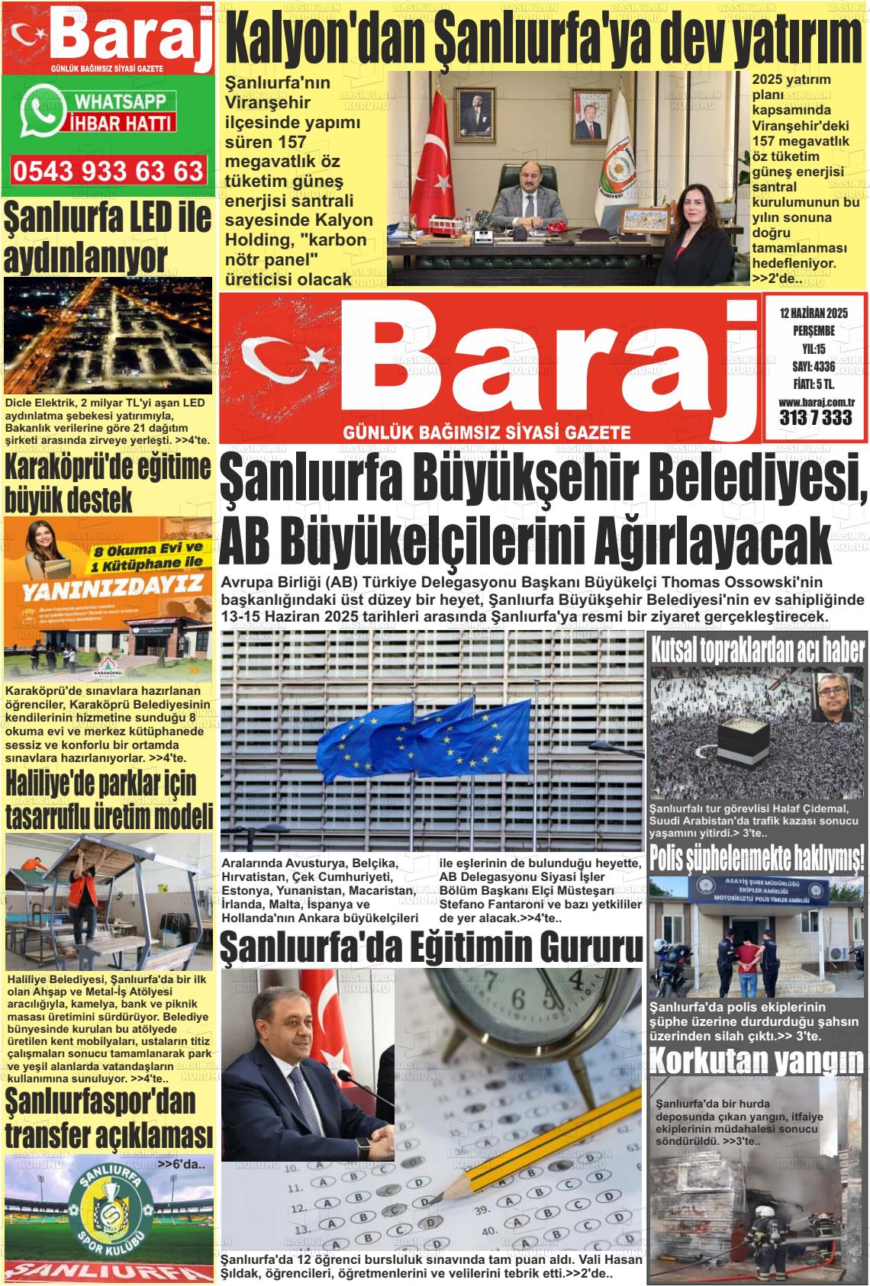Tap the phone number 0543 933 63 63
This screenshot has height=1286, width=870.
[x=108, y=170]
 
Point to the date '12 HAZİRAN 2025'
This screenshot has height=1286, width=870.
[x=814, y=313]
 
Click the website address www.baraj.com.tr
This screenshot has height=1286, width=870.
[x=815, y=402]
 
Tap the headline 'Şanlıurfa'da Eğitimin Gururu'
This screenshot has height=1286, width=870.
[x=431, y=948]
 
